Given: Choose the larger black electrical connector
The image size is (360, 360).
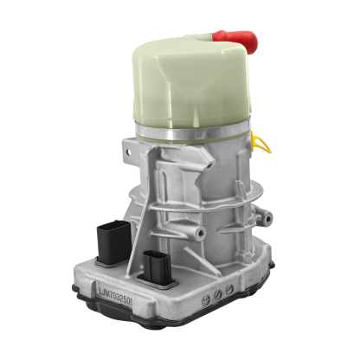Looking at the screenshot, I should pos(112,241).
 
